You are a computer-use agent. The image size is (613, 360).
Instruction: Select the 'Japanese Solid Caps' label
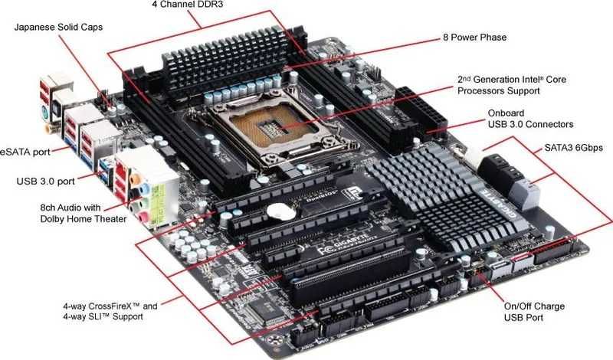(x=58, y=28)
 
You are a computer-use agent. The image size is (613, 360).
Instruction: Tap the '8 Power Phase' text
(x=475, y=37)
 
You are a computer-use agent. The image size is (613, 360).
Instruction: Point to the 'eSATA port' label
(x=25, y=152)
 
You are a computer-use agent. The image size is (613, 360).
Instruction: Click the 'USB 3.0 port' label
(x=46, y=182)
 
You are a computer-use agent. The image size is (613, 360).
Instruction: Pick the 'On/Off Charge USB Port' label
(x=534, y=312)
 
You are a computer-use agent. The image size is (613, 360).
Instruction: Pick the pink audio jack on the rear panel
(x=143, y=217)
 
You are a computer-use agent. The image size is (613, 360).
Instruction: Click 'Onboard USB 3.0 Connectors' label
(x=530, y=118)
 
